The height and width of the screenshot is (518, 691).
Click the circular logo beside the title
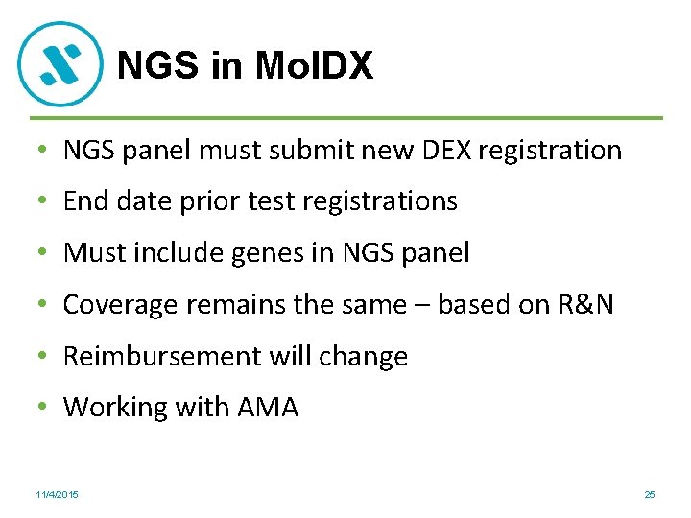coord(60,64)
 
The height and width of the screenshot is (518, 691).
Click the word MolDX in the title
coord(315,66)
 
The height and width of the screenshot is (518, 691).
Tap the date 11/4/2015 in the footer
coord(58,494)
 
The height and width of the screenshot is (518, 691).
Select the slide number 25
coord(650,494)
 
